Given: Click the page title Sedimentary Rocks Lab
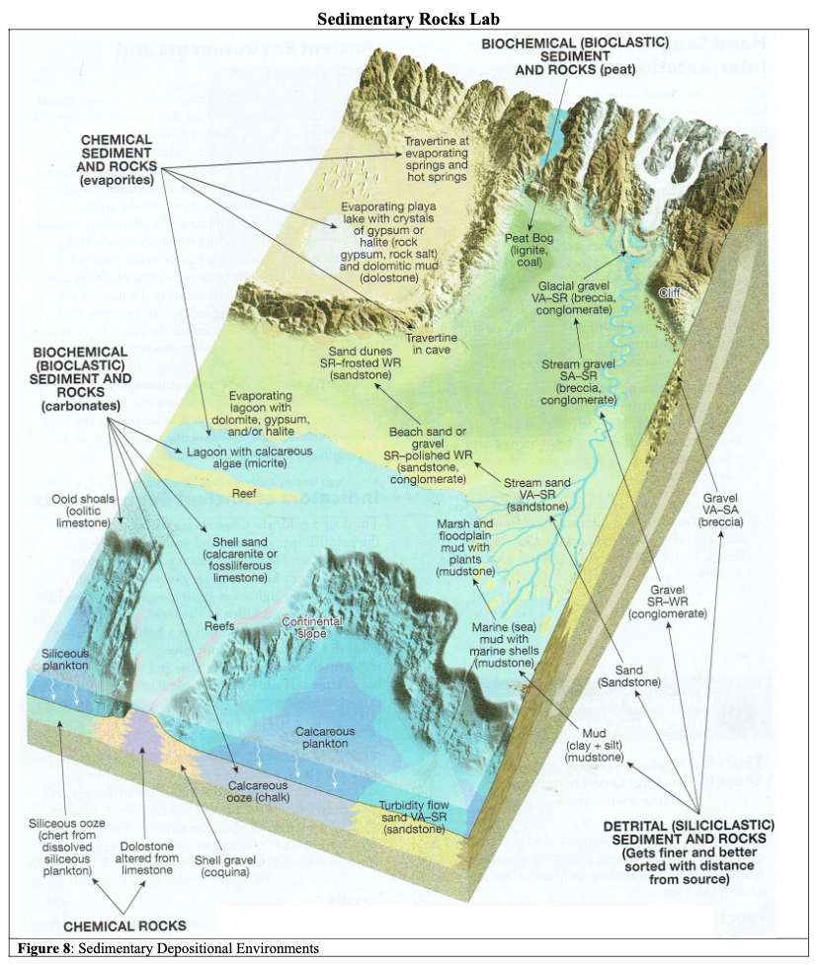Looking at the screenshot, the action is point(408,19).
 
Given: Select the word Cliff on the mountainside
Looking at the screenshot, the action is point(670,292).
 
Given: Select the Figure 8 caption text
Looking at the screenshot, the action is point(163,949).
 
